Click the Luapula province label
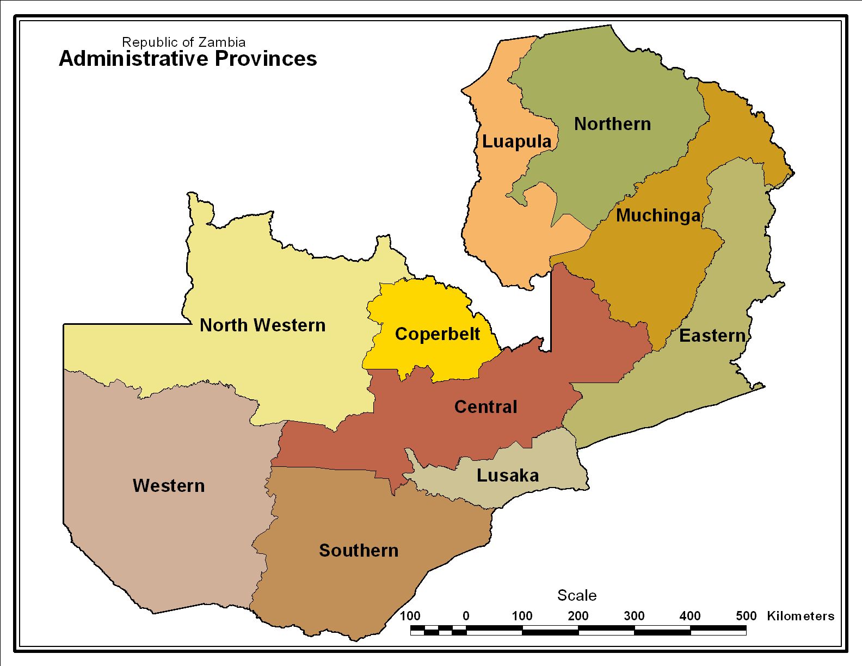click(x=516, y=141)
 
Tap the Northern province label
click(x=612, y=124)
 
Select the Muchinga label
click(x=658, y=215)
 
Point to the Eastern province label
click(x=712, y=336)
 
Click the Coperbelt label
click(x=438, y=334)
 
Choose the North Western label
click(x=262, y=325)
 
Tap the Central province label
click(x=485, y=407)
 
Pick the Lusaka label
click(x=508, y=476)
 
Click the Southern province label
click(x=359, y=551)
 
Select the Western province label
click(x=169, y=486)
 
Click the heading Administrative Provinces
click(x=188, y=59)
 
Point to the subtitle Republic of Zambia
click(x=183, y=42)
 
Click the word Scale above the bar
click(x=577, y=595)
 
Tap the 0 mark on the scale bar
click(x=466, y=616)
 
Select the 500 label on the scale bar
click(x=746, y=616)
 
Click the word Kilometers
click(x=801, y=616)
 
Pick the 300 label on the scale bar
click(x=634, y=616)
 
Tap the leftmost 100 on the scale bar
click(x=410, y=616)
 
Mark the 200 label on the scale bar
click(x=578, y=616)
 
